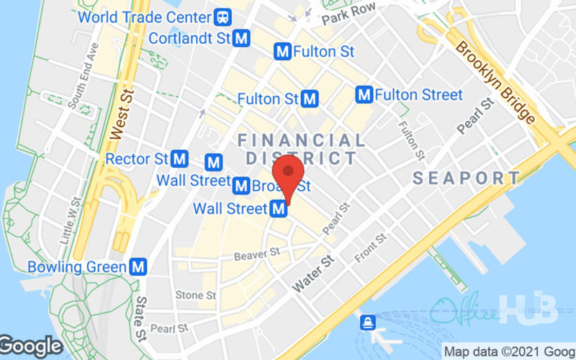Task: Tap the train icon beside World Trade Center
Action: [224, 16]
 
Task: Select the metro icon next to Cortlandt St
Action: [243, 38]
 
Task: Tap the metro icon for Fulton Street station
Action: [364, 94]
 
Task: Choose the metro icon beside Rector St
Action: [180, 158]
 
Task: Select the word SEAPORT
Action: [466, 178]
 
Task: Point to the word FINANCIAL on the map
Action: [301, 140]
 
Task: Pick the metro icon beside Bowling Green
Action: [138, 267]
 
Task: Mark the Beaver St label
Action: [256, 253]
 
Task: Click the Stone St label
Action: [196, 294]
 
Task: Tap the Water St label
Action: [315, 275]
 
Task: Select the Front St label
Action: [372, 248]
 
